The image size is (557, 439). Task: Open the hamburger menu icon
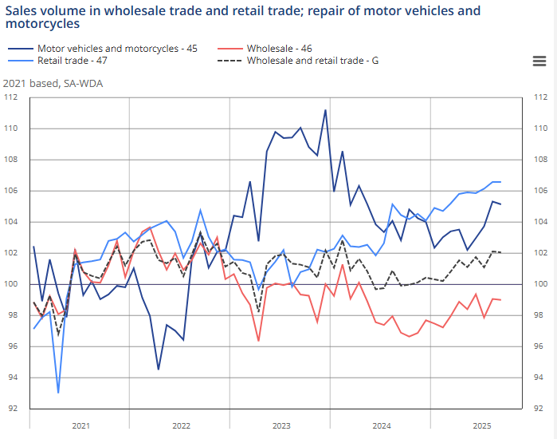pyautogui.click(x=538, y=62)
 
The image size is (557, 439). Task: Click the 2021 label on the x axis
pyautogui.click(x=80, y=425)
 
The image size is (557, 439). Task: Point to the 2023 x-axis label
pyautogui.click(x=281, y=425)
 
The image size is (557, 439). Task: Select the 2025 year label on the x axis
pyautogui.click(x=482, y=425)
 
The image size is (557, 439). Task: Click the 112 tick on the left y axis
pyautogui.click(x=10, y=97)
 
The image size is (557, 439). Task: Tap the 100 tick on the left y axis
pyautogui.click(x=10, y=284)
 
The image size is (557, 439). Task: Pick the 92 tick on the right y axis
pyautogui.click(x=539, y=409)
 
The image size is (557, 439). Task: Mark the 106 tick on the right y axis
pyautogui.click(x=539, y=191)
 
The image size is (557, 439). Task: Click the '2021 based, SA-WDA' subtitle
pyautogui.click(x=53, y=83)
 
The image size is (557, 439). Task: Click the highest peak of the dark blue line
pyautogui.click(x=325, y=110)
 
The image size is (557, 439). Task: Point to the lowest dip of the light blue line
pyautogui.click(x=58, y=393)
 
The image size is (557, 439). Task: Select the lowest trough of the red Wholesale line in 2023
pyautogui.click(x=258, y=341)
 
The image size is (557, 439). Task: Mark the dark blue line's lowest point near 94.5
pyautogui.click(x=159, y=369)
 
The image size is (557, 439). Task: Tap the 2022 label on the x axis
pyautogui.click(x=181, y=425)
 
